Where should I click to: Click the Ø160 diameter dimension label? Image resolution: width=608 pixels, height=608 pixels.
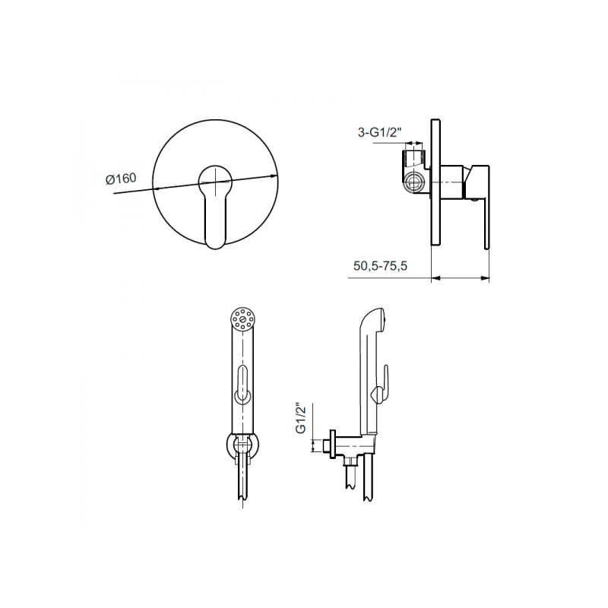121,179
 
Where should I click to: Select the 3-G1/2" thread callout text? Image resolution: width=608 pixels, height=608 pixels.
379,132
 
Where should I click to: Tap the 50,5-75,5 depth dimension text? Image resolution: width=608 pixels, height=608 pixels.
381,266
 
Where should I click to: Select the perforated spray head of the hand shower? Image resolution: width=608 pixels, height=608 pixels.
242,319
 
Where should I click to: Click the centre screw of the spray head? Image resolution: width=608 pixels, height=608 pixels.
242,319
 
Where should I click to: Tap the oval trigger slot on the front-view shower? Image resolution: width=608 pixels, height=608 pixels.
242,382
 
